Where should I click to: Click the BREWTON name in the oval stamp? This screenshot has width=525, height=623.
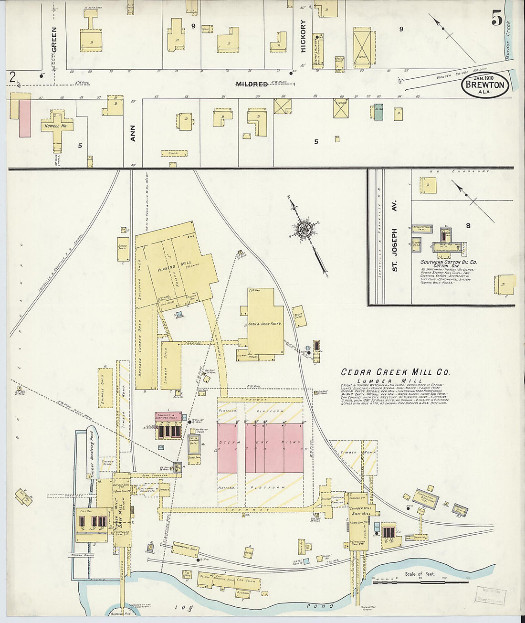[x=484, y=85]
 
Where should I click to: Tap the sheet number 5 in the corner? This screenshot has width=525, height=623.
[x=497, y=19]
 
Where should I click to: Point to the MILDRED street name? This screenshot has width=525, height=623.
[x=252, y=84]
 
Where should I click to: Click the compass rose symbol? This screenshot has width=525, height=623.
[x=304, y=229]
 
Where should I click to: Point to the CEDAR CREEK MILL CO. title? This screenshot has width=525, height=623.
[x=395, y=372]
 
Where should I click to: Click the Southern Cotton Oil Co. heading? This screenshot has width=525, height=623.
[x=448, y=262]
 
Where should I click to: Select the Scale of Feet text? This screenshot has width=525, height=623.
[x=420, y=574]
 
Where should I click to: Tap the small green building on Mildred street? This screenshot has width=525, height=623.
[x=378, y=112]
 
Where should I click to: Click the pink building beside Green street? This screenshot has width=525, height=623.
[x=25, y=118]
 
